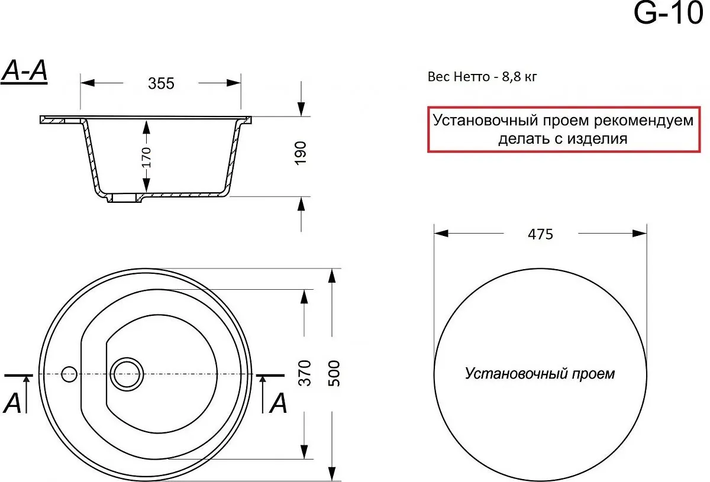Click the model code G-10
click(x=668, y=14)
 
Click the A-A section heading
click(x=24, y=72)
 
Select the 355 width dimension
click(x=161, y=83)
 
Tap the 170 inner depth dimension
click(x=147, y=157)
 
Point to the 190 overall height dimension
click(x=301, y=153)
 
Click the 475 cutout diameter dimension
click(x=540, y=235)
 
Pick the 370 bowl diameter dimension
click(x=305, y=373)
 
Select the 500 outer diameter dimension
click(x=334, y=373)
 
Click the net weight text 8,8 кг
click(x=519, y=77)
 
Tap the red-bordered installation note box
click(x=563, y=130)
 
